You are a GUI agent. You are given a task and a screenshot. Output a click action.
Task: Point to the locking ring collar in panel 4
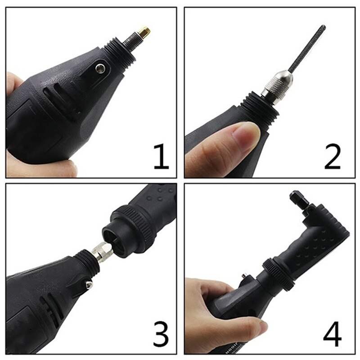tap(279, 273)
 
